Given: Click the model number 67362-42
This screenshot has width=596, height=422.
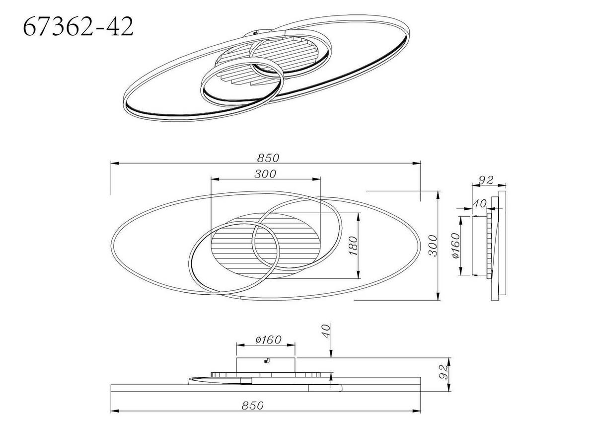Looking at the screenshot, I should pos(78,27).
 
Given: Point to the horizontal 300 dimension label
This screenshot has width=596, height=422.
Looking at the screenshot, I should pos(266,173).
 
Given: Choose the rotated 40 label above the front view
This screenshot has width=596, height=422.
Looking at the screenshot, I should pos(325,331).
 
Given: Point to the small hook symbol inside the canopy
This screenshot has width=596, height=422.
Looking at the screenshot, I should pos(267,361).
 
